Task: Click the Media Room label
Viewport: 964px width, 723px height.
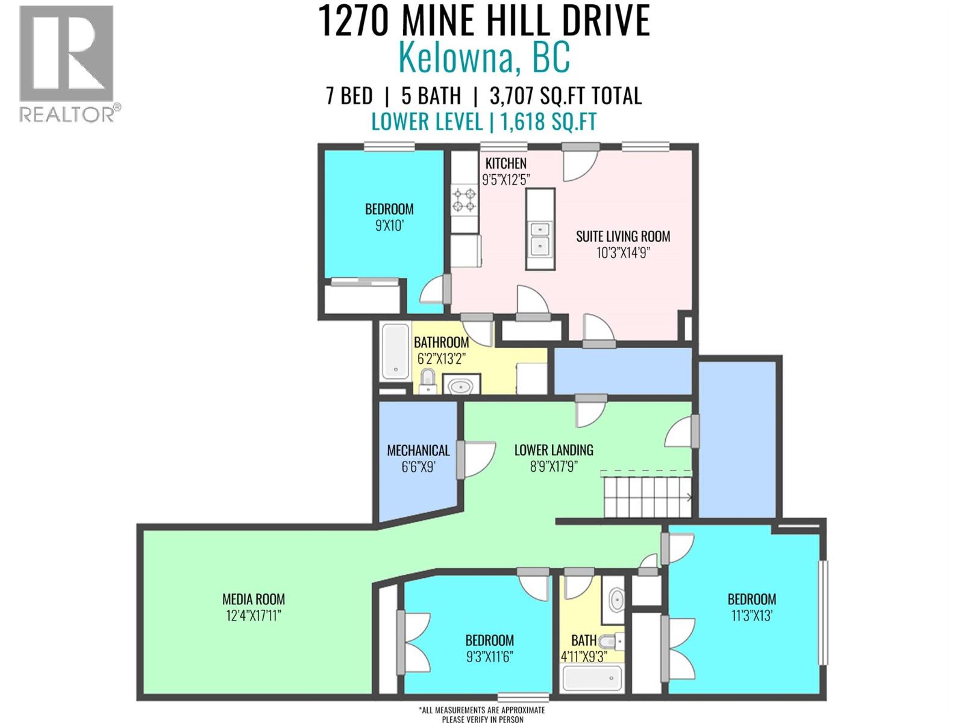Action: tap(254, 599)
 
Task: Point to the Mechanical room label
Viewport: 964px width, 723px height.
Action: tap(418, 450)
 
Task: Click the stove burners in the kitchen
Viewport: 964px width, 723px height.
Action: tap(465, 200)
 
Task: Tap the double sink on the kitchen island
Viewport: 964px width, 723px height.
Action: tap(540, 237)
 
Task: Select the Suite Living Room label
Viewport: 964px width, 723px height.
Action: tap(623, 236)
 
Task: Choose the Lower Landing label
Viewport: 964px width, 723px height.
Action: tap(553, 449)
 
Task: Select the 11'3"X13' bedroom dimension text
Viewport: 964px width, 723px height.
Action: tap(751, 616)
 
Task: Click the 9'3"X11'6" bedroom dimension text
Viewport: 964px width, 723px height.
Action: tap(489, 657)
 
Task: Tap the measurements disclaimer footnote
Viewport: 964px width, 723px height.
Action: tap(483, 715)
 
